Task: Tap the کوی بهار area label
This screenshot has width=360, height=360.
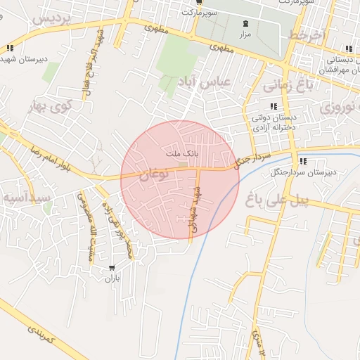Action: tap(51, 108)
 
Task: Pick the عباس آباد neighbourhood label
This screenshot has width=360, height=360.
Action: tap(214, 82)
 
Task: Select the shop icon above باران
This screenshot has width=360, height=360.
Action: tap(112, 269)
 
